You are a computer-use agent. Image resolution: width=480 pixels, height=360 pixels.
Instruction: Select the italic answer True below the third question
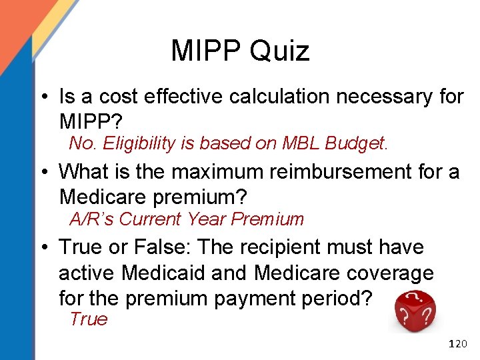tap(88, 319)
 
